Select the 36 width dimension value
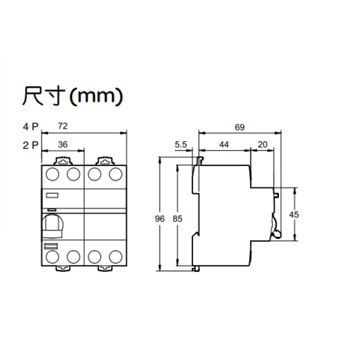click(62, 145)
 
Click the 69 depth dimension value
click(240, 127)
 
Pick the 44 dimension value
click(224, 144)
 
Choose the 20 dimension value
click(262, 144)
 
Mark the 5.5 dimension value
click(181, 144)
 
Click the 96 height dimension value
click(159, 219)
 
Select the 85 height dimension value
click(177, 219)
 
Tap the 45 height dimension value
click(294, 215)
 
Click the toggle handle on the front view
click(52, 225)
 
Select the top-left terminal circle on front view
click(53, 173)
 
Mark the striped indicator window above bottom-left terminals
click(51, 246)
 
